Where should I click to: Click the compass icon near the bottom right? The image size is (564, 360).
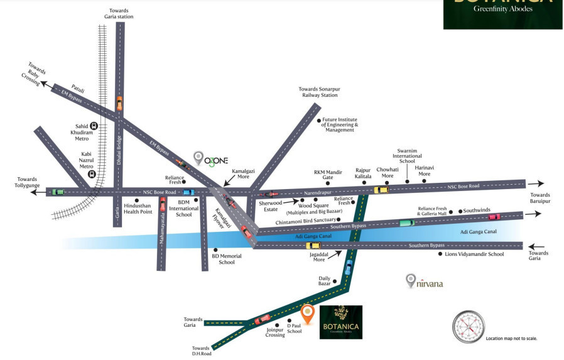[469, 327]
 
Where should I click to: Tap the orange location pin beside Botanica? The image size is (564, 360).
[307, 312]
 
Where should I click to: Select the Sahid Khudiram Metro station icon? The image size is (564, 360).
[94, 126]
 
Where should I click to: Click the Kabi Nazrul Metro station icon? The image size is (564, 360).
[91, 174]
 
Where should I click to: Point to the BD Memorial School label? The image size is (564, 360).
[222, 258]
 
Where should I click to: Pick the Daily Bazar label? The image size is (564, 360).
[324, 281]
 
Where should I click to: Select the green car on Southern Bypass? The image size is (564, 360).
[407, 223]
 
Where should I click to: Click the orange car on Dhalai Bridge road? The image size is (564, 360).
[119, 102]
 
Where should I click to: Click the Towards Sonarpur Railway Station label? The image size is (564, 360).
[318, 92]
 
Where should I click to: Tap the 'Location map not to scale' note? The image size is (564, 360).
[511, 339]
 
